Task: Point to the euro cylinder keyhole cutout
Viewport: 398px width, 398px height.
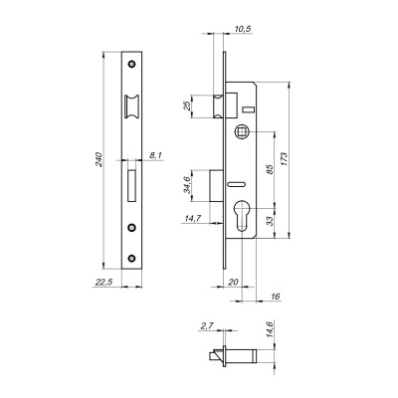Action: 241,216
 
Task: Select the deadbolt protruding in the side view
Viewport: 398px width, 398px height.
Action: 221,185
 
